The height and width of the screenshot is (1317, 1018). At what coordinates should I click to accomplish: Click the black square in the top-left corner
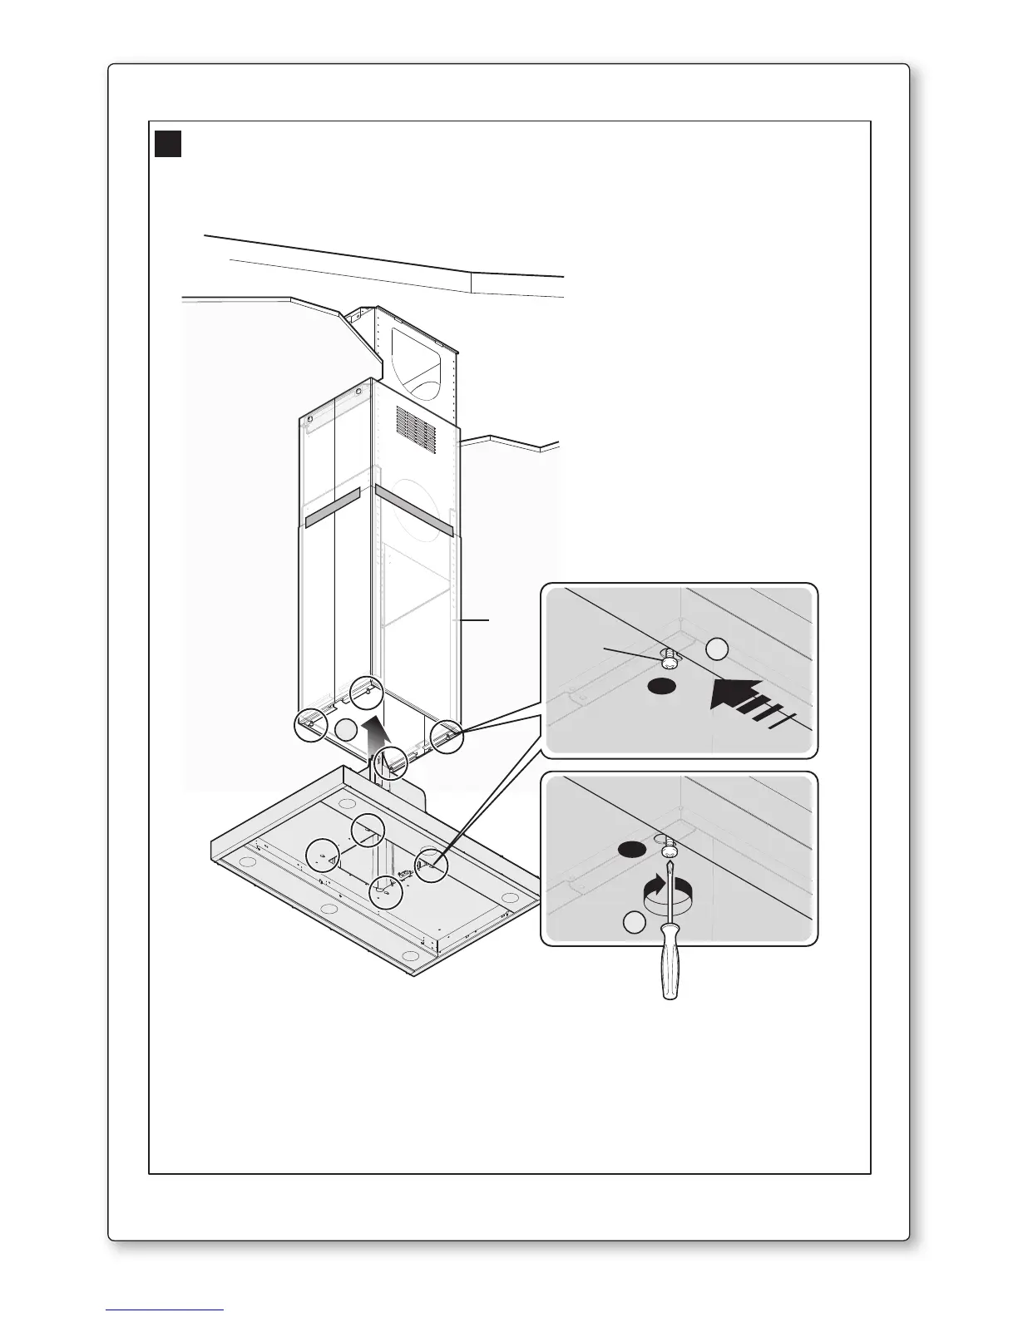click(x=169, y=143)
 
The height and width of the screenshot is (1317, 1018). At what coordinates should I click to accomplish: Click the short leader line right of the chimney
click(x=473, y=619)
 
